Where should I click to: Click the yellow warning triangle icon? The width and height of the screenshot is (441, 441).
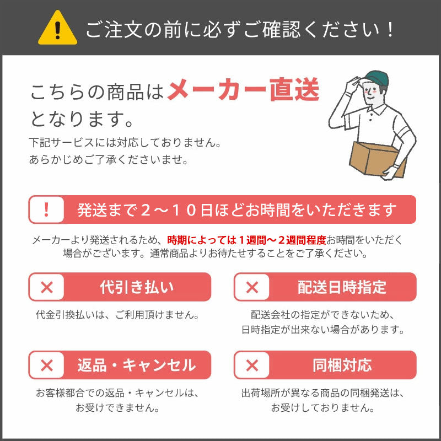pos(57,29)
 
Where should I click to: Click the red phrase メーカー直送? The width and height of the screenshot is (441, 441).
pos(243,91)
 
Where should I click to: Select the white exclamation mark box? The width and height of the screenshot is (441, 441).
pos(46,209)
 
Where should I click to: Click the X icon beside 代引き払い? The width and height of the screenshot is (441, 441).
pos(47,287)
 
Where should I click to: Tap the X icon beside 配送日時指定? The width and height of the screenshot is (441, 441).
pos(252,287)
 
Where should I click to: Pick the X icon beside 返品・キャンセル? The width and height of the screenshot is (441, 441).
pos(47,365)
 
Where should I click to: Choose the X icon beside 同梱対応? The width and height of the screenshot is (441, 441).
pos(252,365)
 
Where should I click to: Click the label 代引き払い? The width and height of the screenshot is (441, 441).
pos(137,287)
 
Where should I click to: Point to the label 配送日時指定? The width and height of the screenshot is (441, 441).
pos(342,287)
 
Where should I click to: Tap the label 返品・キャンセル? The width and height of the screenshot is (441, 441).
pos(137,365)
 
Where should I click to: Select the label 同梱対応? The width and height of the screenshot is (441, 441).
pos(342,365)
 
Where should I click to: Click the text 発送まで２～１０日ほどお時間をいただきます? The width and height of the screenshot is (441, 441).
pos(237,209)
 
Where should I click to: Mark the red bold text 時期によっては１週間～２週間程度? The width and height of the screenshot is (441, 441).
pos(246,240)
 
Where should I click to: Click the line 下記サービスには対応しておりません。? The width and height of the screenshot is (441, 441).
pos(125,143)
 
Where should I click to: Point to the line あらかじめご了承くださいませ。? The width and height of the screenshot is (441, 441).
pos(109,160)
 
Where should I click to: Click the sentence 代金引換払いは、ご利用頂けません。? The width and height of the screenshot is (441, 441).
pos(117,315)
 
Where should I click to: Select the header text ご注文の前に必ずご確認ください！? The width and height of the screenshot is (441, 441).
pos(240,29)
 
